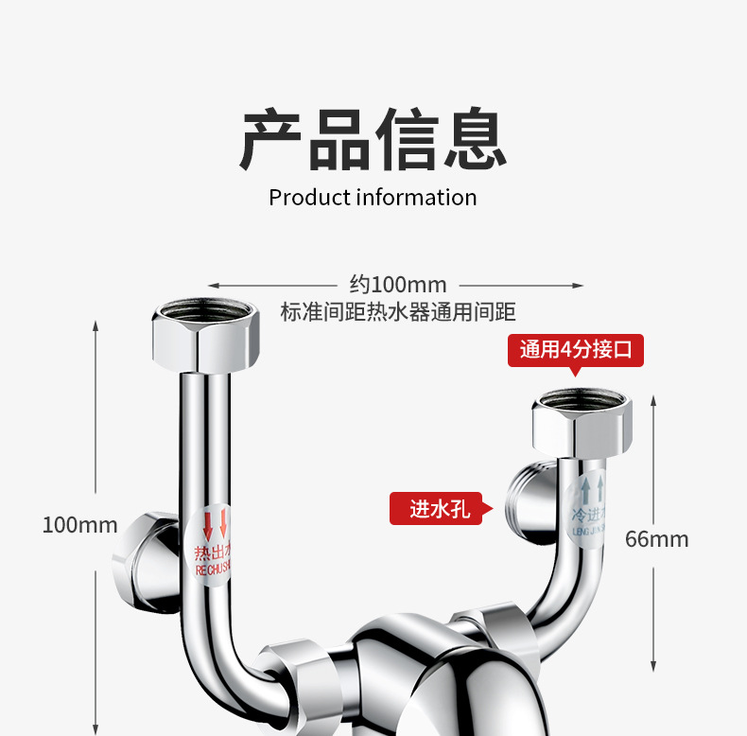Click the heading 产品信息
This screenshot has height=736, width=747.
point(373,141)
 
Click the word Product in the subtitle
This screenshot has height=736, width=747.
point(309,198)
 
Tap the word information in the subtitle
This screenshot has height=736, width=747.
point(416,198)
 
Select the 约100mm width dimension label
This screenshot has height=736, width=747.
point(397,284)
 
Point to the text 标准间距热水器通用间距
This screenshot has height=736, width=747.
point(398,312)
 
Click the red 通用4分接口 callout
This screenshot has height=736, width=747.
point(576,350)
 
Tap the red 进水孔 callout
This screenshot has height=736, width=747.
point(437,509)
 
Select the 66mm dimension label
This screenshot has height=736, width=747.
point(657,539)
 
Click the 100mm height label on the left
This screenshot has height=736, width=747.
point(80,524)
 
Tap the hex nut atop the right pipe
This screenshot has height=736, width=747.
point(581,421)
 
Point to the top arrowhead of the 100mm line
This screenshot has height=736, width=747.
point(96,324)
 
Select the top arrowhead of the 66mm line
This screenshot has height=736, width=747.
point(653,400)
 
